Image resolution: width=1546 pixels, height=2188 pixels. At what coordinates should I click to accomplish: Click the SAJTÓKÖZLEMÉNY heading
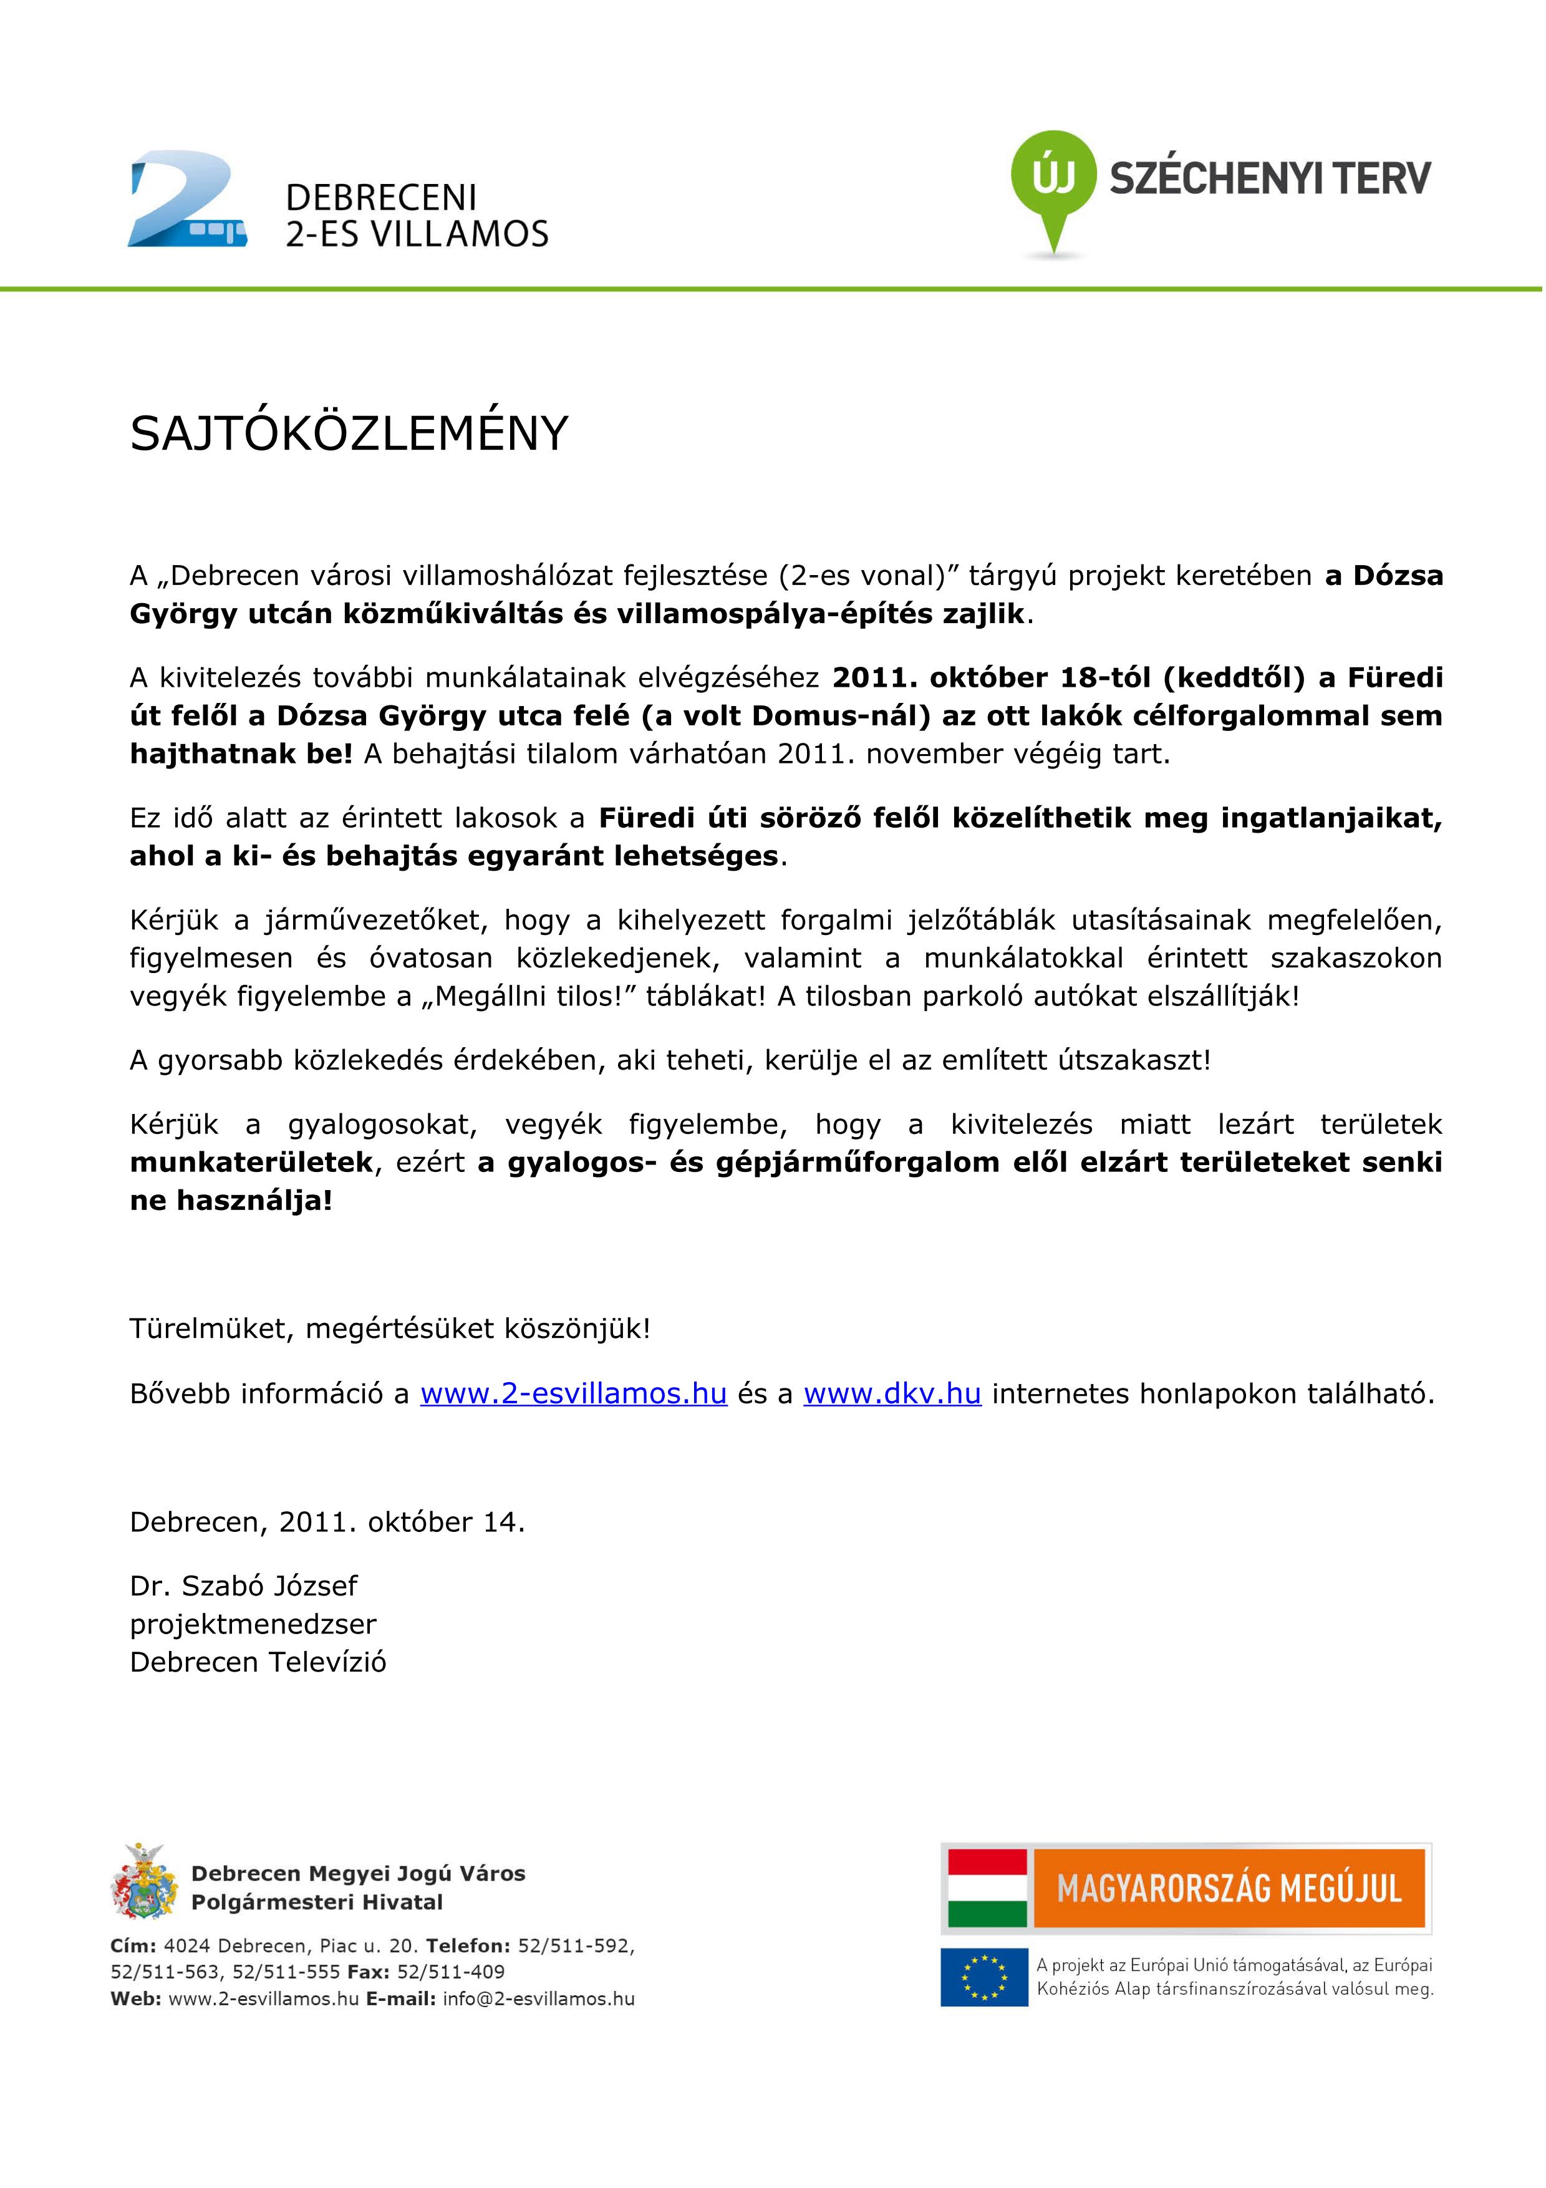pos(349,435)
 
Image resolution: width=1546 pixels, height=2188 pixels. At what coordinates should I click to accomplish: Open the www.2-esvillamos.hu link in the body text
pos(574,1393)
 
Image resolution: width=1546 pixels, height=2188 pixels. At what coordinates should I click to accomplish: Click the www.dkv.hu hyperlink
pos(892,1393)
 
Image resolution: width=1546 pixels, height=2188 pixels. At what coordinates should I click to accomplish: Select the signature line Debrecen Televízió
pos(258,1662)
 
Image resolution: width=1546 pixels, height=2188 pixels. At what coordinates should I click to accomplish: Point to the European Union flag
pos(984,1977)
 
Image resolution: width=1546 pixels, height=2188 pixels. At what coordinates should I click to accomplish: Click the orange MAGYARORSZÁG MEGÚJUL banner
pos(1229,1888)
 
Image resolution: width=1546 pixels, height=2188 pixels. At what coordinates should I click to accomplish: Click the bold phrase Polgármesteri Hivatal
pos(317,1902)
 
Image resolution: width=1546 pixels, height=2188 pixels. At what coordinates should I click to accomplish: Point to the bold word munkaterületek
pos(251,1163)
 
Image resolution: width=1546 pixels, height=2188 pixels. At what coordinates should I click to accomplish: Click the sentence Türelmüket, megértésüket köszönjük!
pos(390,1329)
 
